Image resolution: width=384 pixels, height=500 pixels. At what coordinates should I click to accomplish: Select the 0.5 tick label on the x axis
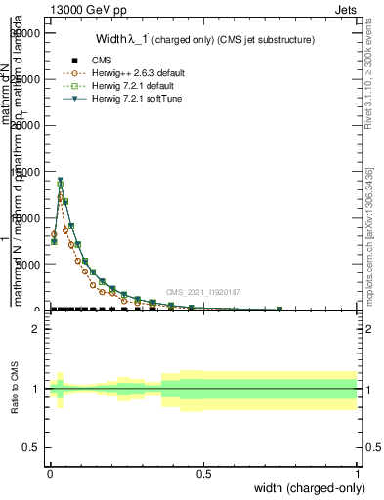coord(203,473)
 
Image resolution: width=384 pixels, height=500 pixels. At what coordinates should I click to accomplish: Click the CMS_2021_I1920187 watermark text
coord(202,291)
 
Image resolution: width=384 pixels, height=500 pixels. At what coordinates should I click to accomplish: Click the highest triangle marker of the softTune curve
coord(60,180)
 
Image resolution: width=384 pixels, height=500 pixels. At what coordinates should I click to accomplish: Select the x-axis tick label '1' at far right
coord(357,473)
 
